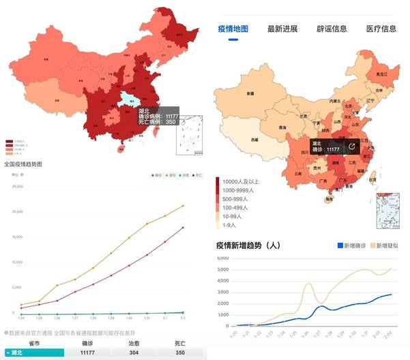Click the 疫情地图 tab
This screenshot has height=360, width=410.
point(233,29)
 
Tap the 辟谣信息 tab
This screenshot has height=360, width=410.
point(332,29)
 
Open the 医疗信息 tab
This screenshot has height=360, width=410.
point(381,29)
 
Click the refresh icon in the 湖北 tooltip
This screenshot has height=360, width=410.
point(352,146)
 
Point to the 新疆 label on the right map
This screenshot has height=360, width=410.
point(250,93)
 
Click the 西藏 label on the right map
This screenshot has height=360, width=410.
point(254,139)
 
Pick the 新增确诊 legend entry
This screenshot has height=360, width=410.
point(355,245)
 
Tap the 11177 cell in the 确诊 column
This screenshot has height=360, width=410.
point(87,352)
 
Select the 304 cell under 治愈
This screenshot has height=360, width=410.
point(134,352)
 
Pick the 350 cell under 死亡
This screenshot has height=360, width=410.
point(179,352)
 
